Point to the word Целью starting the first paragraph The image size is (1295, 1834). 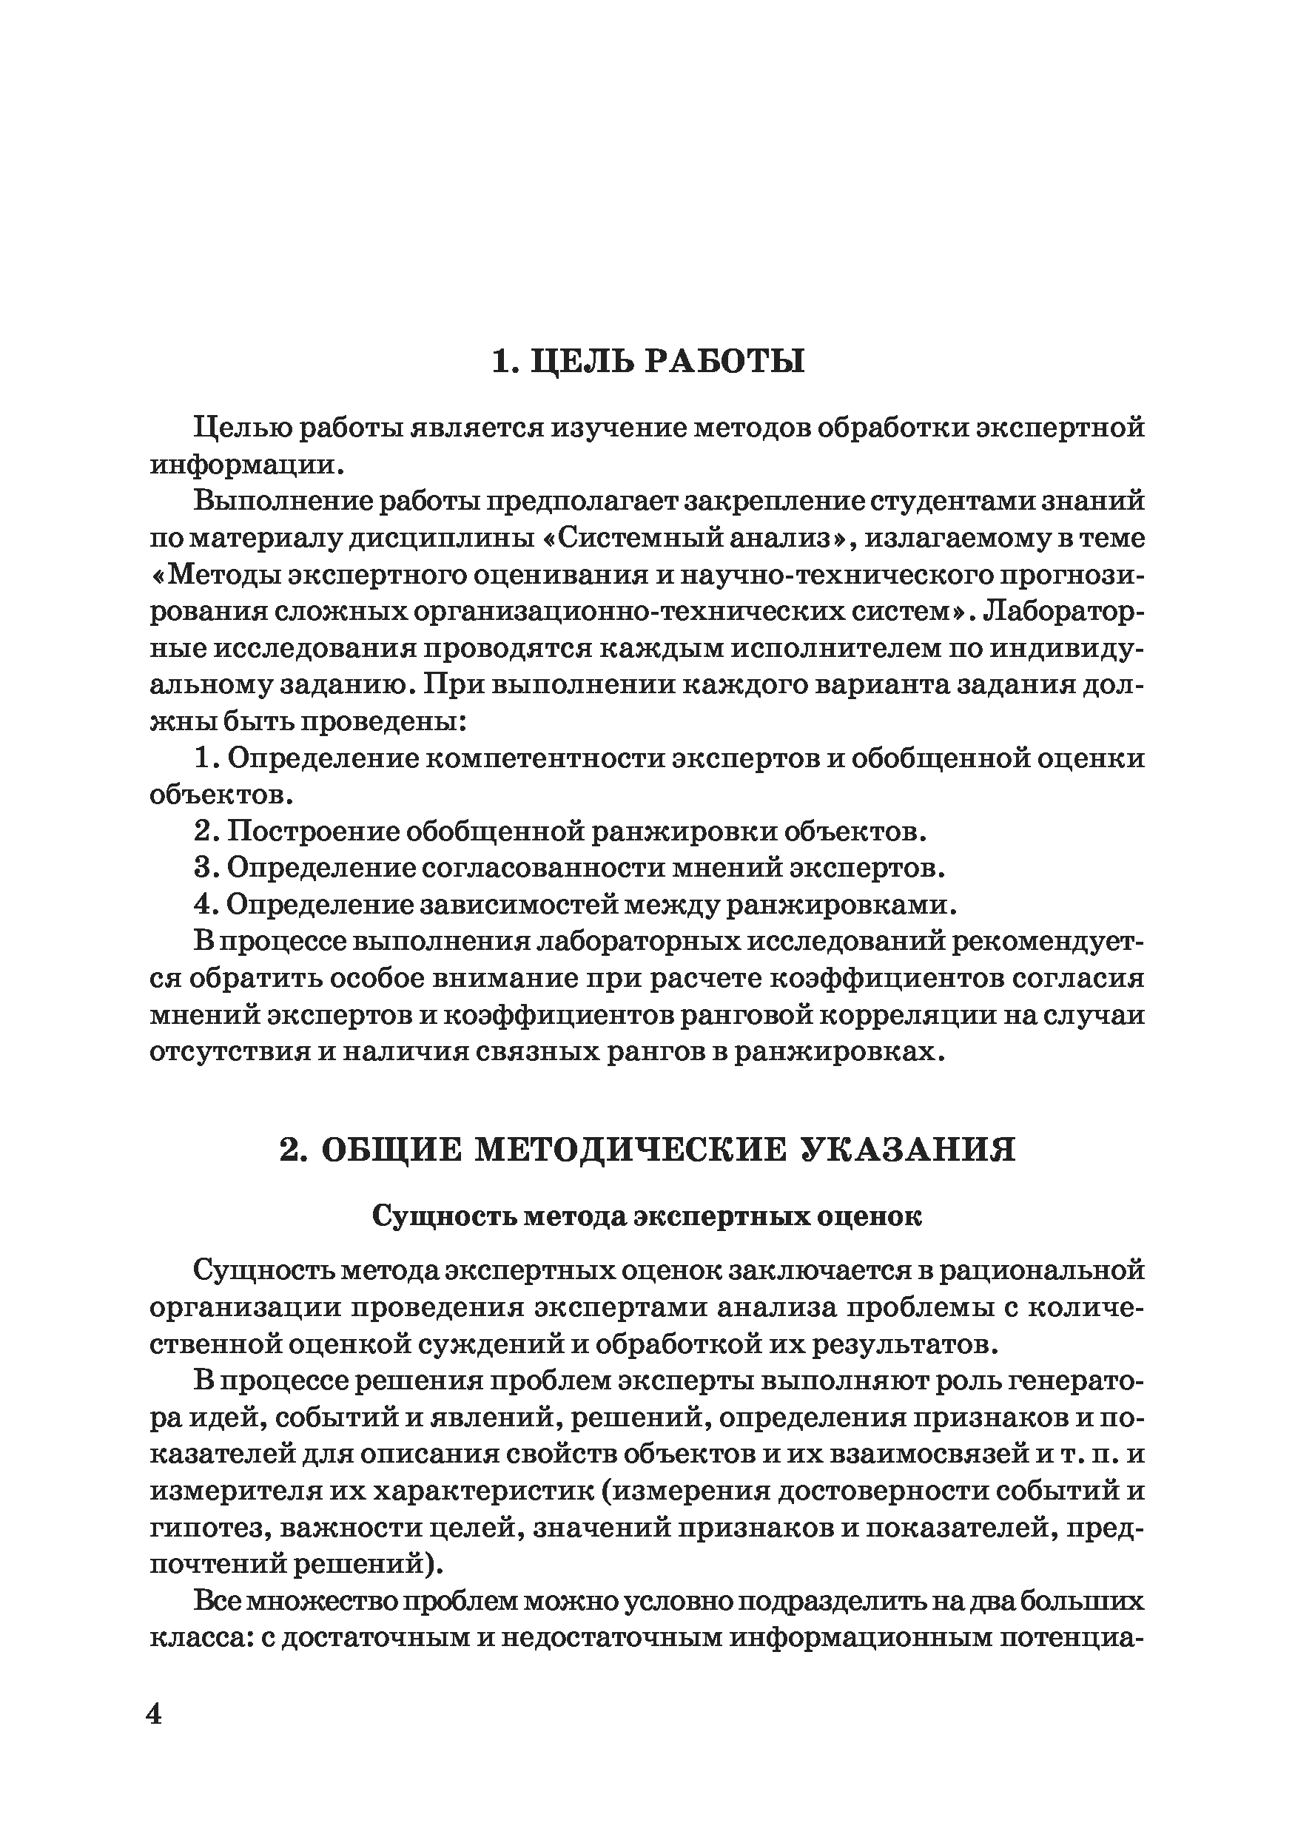click(240, 428)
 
